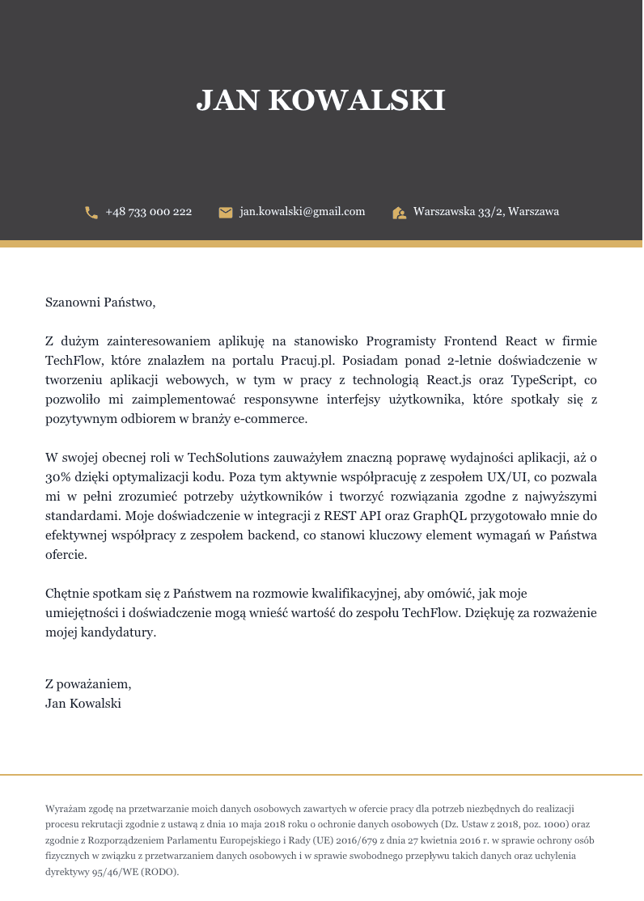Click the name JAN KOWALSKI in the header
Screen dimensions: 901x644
(321, 100)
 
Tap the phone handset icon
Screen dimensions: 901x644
(91, 213)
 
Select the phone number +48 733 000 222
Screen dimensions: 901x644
(149, 212)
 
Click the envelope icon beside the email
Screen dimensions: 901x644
(226, 213)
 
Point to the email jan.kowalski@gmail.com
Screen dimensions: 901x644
(303, 212)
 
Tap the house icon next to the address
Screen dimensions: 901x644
(399, 213)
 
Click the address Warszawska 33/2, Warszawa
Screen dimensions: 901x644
(486, 212)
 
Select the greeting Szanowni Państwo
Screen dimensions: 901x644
(100, 303)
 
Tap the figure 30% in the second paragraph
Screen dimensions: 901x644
(58, 477)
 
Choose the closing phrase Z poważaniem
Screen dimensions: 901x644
(88, 684)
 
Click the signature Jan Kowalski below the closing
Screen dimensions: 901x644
(83, 704)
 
